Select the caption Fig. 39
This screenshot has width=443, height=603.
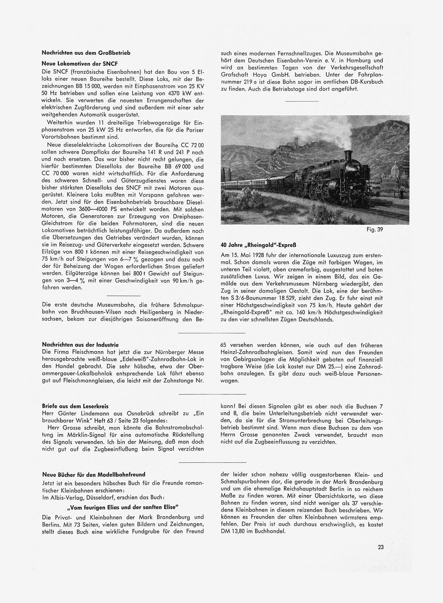coord(402,230)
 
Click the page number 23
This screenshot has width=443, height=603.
coord(381,546)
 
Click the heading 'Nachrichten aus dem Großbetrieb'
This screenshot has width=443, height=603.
coord(86,53)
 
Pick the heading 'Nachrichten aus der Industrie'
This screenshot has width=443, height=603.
coord(80,345)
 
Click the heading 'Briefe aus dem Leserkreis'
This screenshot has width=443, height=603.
coord(75,406)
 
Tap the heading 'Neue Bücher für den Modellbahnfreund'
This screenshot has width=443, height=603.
coord(94,475)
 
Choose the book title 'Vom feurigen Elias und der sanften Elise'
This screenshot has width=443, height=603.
coord(123,507)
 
